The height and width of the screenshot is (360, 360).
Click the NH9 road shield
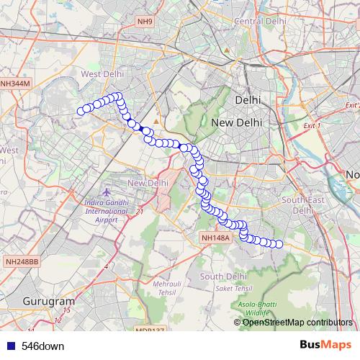(x=146, y=22)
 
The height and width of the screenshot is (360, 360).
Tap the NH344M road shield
(x=15, y=84)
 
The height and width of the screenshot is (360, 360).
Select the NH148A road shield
(x=215, y=237)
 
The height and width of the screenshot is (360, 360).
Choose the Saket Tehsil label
(x=233, y=288)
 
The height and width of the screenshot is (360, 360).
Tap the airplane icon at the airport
(x=107, y=193)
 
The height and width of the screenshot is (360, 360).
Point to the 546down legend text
(x=42, y=346)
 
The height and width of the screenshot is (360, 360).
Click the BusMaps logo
(x=325, y=345)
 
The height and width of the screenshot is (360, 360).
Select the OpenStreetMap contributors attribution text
(x=297, y=322)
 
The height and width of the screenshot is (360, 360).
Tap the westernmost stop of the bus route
(x=81, y=110)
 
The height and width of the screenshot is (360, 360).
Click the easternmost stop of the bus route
(x=279, y=244)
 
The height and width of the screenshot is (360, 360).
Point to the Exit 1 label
(x=312, y=125)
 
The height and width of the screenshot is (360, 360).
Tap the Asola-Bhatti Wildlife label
(x=256, y=310)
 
